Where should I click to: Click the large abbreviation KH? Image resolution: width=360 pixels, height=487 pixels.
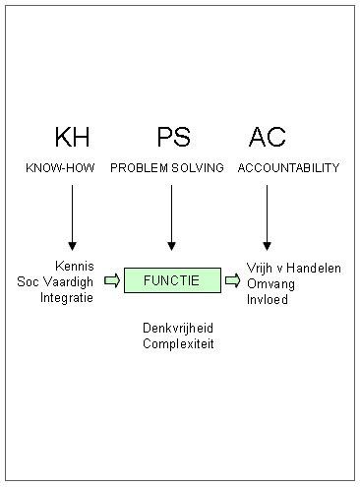pyautogui.click(x=71, y=137)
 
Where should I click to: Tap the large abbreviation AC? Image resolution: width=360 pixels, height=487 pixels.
pyautogui.click(x=268, y=137)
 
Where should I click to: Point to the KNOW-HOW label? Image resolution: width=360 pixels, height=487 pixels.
pyautogui.click(x=60, y=168)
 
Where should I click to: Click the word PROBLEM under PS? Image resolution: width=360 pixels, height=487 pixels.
pyautogui.click(x=139, y=168)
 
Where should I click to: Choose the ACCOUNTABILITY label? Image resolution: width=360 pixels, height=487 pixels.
pyautogui.click(x=288, y=168)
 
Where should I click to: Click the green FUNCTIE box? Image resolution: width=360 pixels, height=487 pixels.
pyautogui.click(x=171, y=280)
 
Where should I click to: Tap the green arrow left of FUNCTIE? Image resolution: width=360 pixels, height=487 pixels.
pyautogui.click(x=111, y=280)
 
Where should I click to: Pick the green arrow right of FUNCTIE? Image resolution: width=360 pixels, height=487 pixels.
pyautogui.click(x=232, y=280)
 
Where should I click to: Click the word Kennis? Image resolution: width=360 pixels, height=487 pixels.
pyautogui.click(x=75, y=266)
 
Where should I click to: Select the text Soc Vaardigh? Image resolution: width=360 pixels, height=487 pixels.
pyautogui.click(x=56, y=280)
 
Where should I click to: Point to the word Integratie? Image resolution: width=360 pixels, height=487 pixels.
pyautogui.click(x=67, y=296)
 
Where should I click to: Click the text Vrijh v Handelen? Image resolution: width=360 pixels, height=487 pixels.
pyautogui.click(x=294, y=266)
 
